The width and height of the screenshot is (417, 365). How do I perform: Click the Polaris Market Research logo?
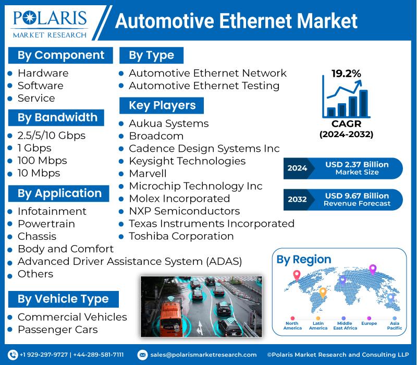(50, 24)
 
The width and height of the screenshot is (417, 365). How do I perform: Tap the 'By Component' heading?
(60, 55)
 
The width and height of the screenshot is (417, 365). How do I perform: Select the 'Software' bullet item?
(41, 86)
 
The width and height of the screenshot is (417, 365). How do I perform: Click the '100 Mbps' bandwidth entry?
(42, 161)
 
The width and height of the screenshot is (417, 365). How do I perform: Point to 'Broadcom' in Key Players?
(156, 136)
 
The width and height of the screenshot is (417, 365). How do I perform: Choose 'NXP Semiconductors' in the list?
(185, 211)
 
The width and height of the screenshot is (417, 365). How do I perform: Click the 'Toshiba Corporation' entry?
(181, 236)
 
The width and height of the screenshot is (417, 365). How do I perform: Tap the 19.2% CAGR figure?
(346, 74)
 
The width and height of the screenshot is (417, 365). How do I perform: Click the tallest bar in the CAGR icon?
(363, 103)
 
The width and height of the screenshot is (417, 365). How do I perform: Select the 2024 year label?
(297, 168)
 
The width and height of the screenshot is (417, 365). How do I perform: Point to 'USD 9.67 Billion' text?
(357, 196)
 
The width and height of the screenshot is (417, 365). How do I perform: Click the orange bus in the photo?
(171, 319)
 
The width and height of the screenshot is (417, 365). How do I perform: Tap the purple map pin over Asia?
(373, 269)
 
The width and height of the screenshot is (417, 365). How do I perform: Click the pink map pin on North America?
(297, 275)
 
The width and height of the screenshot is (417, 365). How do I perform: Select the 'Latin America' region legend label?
(318, 325)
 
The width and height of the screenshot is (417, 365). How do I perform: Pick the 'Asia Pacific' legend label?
(395, 325)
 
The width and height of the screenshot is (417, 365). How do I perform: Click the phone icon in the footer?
(13, 355)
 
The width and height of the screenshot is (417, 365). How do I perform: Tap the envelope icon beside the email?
(142, 355)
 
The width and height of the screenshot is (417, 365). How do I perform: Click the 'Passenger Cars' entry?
(58, 330)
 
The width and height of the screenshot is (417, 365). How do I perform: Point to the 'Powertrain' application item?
(46, 224)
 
